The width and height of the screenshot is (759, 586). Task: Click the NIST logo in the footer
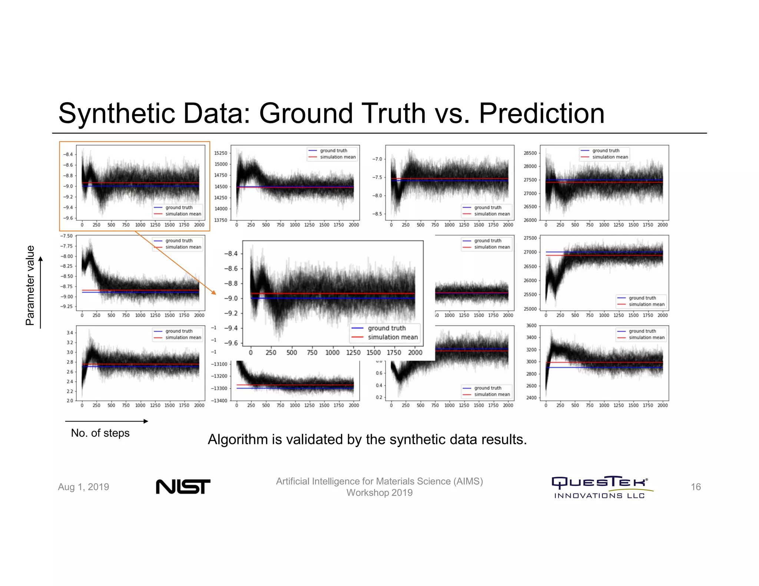tap(183, 486)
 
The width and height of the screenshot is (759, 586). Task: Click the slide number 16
tap(696, 487)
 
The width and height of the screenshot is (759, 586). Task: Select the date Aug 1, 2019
tap(83, 487)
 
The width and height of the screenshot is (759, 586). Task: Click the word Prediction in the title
tap(541, 113)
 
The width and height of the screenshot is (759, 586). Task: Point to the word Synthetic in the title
tap(116, 113)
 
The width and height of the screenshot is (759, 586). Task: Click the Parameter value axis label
tap(30, 285)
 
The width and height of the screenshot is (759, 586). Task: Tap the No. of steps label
tap(100, 433)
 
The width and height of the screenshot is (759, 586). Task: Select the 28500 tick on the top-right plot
tap(530, 153)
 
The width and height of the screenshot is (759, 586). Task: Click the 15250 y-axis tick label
tap(221, 153)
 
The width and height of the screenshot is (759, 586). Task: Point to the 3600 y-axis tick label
tap(531, 326)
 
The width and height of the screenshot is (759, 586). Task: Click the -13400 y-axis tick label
tap(219, 401)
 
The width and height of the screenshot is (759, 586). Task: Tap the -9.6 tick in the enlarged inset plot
tap(231, 343)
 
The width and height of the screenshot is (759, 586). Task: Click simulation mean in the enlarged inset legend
tap(392, 337)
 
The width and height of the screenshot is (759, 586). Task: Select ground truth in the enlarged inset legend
tap(387, 328)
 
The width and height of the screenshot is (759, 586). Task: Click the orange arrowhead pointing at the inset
tap(214, 293)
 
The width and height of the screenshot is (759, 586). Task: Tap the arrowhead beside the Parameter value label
tap(41, 259)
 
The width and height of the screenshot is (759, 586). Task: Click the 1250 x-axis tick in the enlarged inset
tap(353, 353)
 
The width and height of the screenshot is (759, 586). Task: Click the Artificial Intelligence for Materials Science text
tap(379, 481)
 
